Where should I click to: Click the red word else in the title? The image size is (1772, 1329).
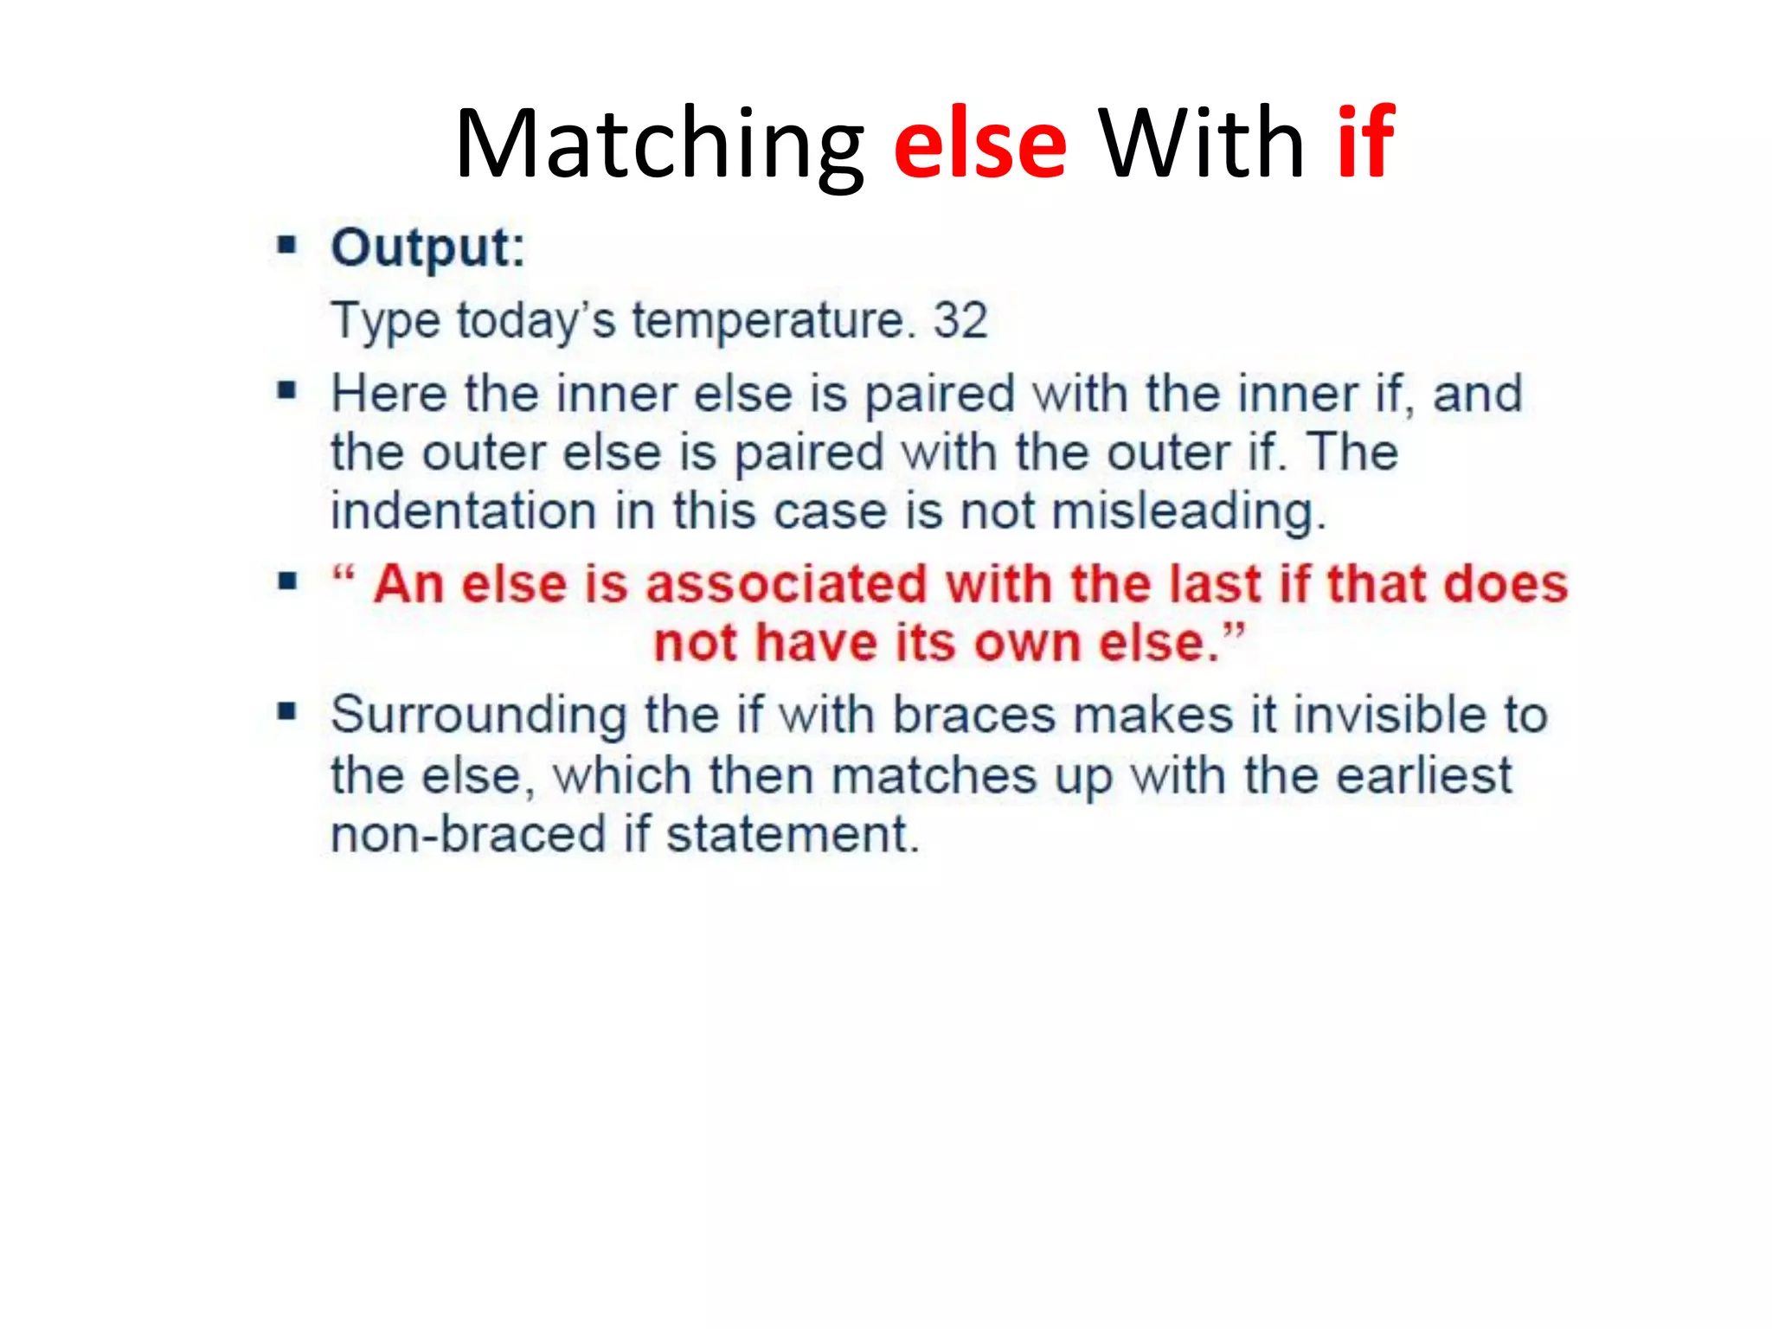[x=979, y=144]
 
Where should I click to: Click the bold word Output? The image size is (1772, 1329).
[x=428, y=248]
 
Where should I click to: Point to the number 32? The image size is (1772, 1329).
[x=960, y=320]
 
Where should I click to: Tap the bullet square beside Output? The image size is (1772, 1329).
[x=287, y=246]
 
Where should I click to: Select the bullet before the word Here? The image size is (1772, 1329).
[x=287, y=391]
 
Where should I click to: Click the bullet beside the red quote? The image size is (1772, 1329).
[x=287, y=581]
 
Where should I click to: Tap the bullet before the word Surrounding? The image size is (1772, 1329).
[x=287, y=713]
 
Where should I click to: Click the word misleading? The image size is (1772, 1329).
[x=1188, y=512]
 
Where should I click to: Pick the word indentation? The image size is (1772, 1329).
[x=464, y=510]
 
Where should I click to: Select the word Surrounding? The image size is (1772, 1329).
[x=478, y=716]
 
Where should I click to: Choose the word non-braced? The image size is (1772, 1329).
[x=468, y=835]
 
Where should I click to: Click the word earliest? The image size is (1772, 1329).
[x=1423, y=775]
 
